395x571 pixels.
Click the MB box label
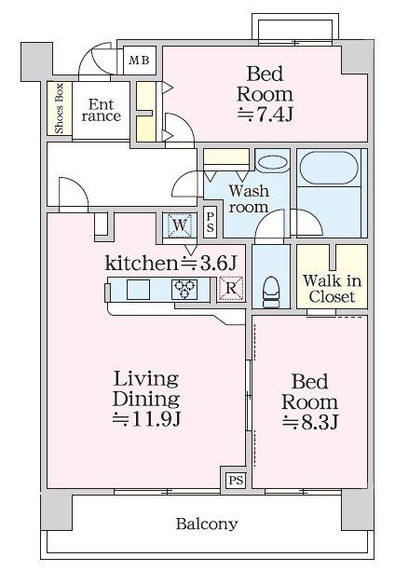pos(138,61)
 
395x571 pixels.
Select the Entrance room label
pos(100,110)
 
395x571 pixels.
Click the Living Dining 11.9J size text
pos(147,419)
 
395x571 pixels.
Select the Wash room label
pos(249,199)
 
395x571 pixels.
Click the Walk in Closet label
pos(330,288)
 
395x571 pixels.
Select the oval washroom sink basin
pos(272,162)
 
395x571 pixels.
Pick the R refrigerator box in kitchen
pos(230,289)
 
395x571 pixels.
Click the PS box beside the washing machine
pos(210,223)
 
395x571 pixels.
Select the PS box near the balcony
pos(236,481)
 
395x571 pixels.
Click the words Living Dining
pos(147,387)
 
